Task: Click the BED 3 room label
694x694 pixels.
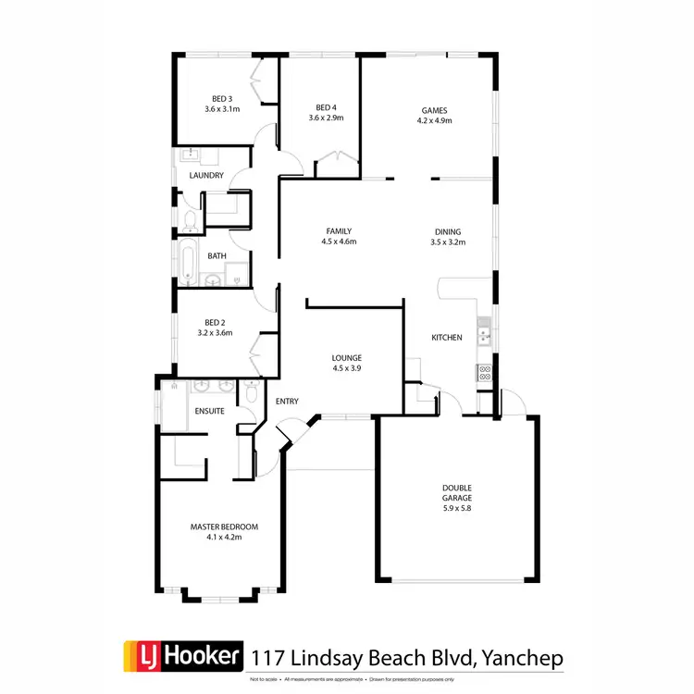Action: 221,98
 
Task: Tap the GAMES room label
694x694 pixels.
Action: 434,108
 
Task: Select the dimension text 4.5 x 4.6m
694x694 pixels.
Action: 340,242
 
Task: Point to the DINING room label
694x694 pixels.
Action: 448,232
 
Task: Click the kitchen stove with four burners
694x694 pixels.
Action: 484,373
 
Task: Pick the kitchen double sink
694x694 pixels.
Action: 483,330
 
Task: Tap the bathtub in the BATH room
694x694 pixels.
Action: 188,260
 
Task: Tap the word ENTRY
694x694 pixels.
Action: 287,401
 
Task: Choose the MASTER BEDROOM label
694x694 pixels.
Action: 224,527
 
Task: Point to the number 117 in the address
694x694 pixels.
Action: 272,657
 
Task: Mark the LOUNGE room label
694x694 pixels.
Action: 347,357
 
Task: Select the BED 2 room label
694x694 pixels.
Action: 214,322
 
